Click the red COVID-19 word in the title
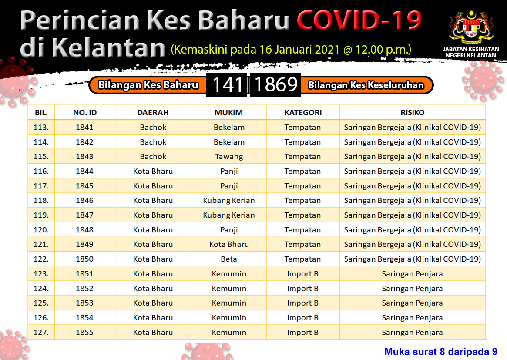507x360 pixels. (x=359, y=20)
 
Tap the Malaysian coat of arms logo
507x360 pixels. (x=471, y=28)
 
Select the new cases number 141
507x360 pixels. (x=228, y=85)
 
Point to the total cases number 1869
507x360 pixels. (x=276, y=85)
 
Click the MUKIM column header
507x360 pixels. (x=228, y=113)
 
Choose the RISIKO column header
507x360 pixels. (x=412, y=113)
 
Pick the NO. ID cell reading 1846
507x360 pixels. (x=84, y=201)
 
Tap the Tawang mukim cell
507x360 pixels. (x=229, y=157)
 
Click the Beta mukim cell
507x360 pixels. (x=229, y=259)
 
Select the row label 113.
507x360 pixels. (x=41, y=128)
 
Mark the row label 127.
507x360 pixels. (x=41, y=333)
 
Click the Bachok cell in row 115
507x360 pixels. (x=153, y=157)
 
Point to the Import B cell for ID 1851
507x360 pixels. (x=302, y=274)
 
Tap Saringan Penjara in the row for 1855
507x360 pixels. (x=412, y=333)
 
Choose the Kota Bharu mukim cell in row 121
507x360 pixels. (x=229, y=245)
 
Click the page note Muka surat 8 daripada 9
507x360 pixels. (x=441, y=352)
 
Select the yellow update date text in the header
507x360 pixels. (x=291, y=50)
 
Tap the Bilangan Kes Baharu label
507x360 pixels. (x=148, y=85)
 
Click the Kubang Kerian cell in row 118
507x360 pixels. (x=229, y=201)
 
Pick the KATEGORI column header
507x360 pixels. (x=303, y=113)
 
